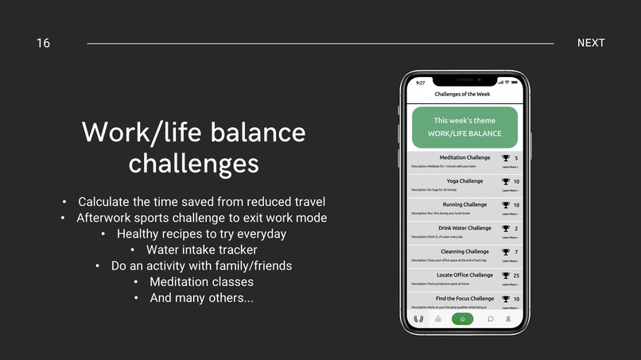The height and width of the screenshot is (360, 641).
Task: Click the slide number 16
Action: pyautogui.click(x=43, y=43)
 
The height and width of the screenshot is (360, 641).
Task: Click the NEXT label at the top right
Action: pyautogui.click(x=591, y=43)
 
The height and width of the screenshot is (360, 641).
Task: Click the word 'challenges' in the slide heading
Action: pyautogui.click(x=193, y=163)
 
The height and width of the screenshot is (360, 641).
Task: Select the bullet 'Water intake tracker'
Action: pyautogui.click(x=202, y=250)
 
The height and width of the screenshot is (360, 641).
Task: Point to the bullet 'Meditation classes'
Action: pyautogui.click(x=202, y=281)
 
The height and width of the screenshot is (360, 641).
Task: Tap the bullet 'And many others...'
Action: pyautogui.click(x=202, y=298)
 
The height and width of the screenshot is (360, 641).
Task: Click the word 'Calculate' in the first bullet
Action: pyautogui.click(x=106, y=202)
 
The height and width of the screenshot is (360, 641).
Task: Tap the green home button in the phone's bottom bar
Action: pyautogui.click(x=462, y=319)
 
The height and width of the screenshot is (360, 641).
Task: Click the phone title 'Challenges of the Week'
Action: pyautogui.click(x=462, y=94)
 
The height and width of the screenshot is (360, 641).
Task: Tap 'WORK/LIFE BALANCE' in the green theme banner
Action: pyautogui.click(x=464, y=134)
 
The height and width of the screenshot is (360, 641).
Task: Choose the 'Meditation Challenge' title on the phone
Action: pyautogui.click(x=464, y=157)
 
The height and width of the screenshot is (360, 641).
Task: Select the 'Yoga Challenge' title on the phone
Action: pyautogui.click(x=464, y=181)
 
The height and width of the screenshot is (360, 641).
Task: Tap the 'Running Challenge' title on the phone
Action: pyautogui.click(x=464, y=204)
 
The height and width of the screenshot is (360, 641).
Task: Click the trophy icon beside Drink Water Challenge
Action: pyautogui.click(x=506, y=229)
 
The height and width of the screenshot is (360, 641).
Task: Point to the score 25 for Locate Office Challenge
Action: pyautogui.click(x=516, y=276)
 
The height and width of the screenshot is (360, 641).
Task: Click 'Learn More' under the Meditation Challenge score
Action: pyautogui.click(x=510, y=167)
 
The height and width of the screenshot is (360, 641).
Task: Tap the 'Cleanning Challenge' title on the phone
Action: pyautogui.click(x=464, y=252)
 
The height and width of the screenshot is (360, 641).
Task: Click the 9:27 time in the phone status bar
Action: pyautogui.click(x=420, y=83)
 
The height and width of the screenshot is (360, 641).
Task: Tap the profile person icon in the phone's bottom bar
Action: pyautogui.click(x=508, y=319)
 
